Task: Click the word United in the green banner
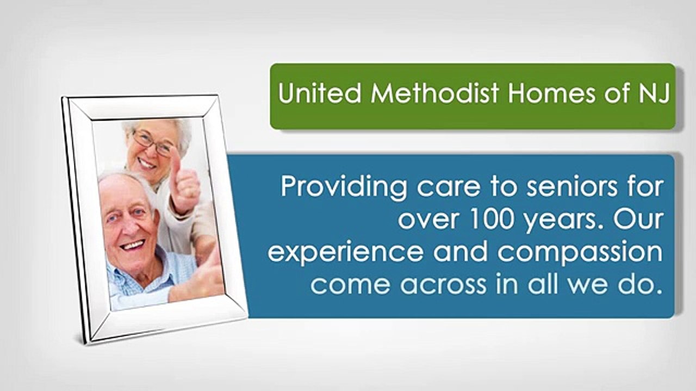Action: (x=320, y=93)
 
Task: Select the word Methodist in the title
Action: (x=435, y=93)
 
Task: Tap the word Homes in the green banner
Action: (x=552, y=93)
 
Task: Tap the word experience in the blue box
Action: (x=345, y=253)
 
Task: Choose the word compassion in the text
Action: (x=580, y=253)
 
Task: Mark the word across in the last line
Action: (x=443, y=285)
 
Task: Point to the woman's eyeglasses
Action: (x=152, y=142)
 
